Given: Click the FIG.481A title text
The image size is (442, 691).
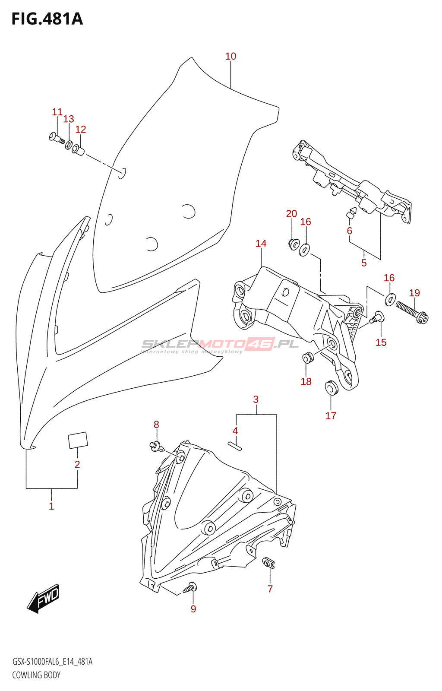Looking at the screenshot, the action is pyautogui.click(x=47, y=19).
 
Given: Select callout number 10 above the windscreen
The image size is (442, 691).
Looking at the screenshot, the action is pyautogui.click(x=230, y=57).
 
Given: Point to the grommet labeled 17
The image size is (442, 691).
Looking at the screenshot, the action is pyautogui.click(x=331, y=387).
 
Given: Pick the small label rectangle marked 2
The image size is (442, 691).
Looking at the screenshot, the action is pyautogui.click(x=78, y=440).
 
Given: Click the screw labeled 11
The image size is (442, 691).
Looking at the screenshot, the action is pyautogui.click(x=57, y=138).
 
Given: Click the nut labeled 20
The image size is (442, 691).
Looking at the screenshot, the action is pyautogui.click(x=293, y=244).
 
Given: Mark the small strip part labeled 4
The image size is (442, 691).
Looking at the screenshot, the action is pyautogui.click(x=235, y=446).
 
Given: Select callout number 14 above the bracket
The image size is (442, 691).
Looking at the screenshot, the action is pyautogui.click(x=261, y=244).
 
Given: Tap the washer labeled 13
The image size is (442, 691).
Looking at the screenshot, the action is pyautogui.click(x=69, y=144).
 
